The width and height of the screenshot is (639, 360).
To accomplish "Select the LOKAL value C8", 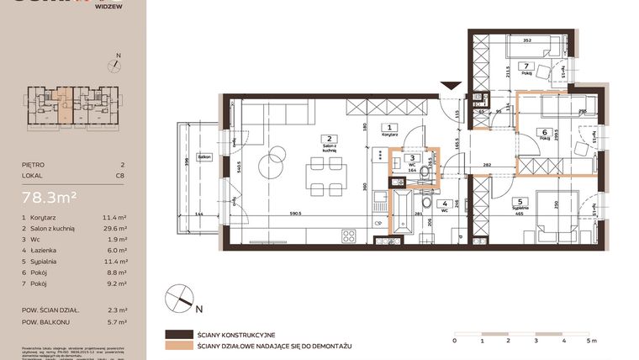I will (x=122, y=177).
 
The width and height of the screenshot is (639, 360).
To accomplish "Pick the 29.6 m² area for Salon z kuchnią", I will (x=117, y=228).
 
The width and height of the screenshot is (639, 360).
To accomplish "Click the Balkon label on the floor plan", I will (x=203, y=157).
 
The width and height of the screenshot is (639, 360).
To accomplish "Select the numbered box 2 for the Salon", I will (x=330, y=139).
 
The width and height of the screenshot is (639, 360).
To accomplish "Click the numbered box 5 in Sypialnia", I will (x=520, y=201).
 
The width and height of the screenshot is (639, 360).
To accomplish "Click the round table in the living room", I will (x=275, y=158).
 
